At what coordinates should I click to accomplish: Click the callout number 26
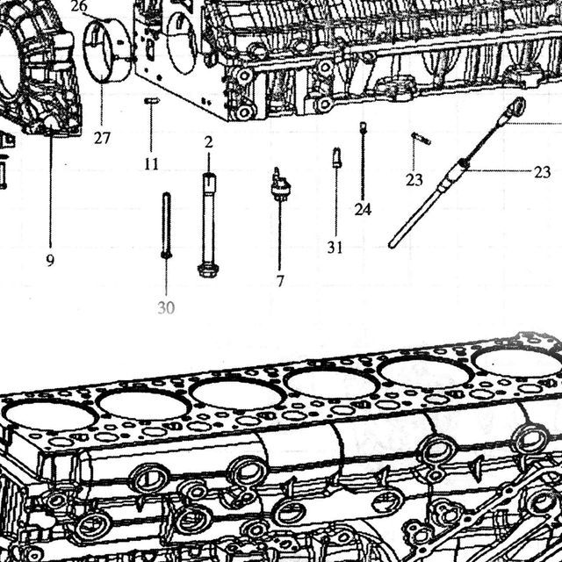[x=79, y=6]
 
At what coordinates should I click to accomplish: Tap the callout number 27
[x=102, y=138]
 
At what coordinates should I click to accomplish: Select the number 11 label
[x=151, y=164]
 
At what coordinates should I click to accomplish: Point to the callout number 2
[x=209, y=142]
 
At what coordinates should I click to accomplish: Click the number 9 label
[x=50, y=260]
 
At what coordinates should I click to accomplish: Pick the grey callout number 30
[x=166, y=308]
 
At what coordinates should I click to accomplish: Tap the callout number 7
[x=280, y=281]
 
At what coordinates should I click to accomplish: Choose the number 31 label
[x=335, y=248]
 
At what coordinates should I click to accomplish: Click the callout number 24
[x=363, y=209]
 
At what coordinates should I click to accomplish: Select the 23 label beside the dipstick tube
[x=543, y=172]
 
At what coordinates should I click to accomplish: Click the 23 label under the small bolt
[x=414, y=180]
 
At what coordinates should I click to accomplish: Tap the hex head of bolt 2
[x=207, y=270]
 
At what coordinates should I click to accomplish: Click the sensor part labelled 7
[x=280, y=184]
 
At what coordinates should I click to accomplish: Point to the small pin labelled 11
[x=152, y=101]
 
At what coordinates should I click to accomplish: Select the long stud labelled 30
[x=166, y=225]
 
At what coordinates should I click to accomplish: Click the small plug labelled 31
[x=336, y=158]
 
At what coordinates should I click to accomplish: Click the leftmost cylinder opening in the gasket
[x=49, y=416]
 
